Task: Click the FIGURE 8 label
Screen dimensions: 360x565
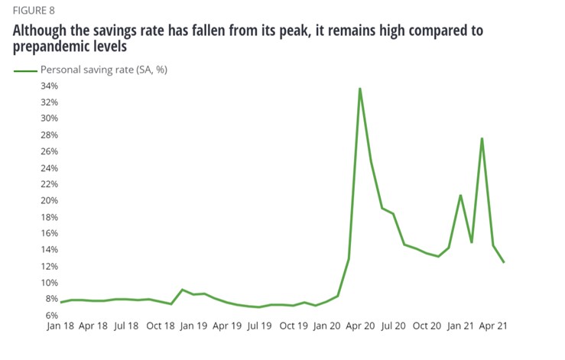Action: click(x=34, y=12)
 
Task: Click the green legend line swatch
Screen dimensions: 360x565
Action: click(x=26, y=70)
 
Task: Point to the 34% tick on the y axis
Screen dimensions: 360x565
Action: click(x=49, y=86)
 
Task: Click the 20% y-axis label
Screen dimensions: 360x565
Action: click(x=49, y=200)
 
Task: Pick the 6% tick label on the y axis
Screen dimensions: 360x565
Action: click(x=51, y=315)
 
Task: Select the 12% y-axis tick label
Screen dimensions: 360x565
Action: click(x=49, y=266)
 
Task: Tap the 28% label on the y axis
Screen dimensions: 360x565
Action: click(x=49, y=135)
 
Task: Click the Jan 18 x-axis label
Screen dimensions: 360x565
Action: click(x=60, y=325)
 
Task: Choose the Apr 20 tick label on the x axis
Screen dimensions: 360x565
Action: click(x=359, y=325)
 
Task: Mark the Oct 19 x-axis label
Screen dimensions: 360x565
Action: click(x=293, y=325)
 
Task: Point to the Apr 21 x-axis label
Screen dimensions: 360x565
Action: click(x=493, y=325)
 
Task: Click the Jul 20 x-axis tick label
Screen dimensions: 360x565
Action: click(x=393, y=325)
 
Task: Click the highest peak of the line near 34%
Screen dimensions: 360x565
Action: click(x=359, y=89)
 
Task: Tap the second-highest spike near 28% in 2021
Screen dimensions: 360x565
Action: click(x=482, y=138)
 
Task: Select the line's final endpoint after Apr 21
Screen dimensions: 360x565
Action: click(x=504, y=262)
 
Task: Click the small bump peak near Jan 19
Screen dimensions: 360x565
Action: click(x=182, y=290)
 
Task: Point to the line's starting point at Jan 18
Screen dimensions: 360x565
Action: click(x=60, y=303)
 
